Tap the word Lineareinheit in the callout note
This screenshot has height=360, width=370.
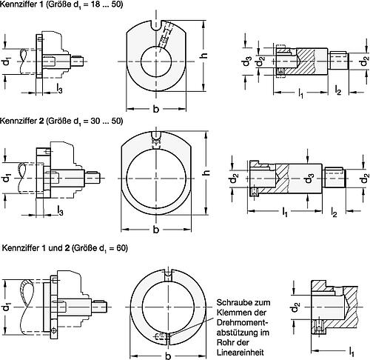point(240,353)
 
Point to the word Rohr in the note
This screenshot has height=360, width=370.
point(224,342)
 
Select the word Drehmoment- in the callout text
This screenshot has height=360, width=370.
point(242,322)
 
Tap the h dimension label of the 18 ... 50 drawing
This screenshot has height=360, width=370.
point(203,56)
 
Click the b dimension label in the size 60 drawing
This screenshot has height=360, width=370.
point(168,356)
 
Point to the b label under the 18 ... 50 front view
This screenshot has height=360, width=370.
point(156,109)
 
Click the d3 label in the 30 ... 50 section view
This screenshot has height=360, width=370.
point(309,179)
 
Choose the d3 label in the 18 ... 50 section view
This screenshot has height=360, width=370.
point(246,61)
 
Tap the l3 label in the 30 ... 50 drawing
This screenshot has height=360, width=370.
point(60,210)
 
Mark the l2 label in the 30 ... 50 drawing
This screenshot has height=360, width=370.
point(334,212)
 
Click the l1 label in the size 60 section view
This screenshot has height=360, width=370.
point(351,351)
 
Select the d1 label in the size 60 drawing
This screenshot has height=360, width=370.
point(7,307)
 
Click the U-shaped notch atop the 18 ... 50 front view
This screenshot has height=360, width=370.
point(156,26)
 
